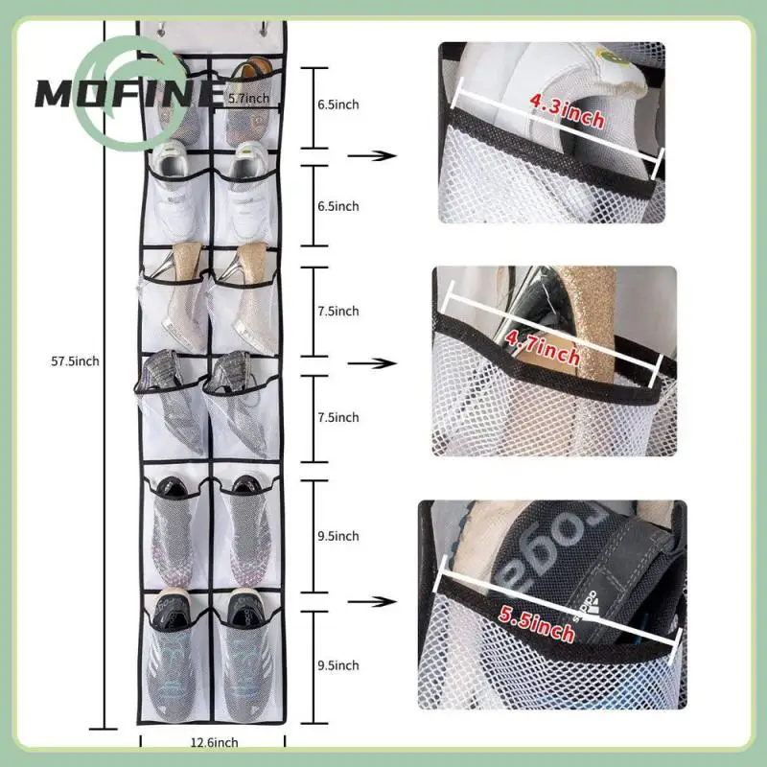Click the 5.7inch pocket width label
[247, 97]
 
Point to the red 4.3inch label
[566, 117]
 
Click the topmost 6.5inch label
[339, 105]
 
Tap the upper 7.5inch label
[339, 311]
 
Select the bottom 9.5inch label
[339, 664]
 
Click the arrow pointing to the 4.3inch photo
[373, 154]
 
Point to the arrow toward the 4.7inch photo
[373, 362]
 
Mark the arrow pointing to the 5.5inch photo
[373, 602]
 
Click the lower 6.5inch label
[339, 206]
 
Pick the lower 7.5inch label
[339, 417]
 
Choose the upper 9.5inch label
[339, 536]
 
